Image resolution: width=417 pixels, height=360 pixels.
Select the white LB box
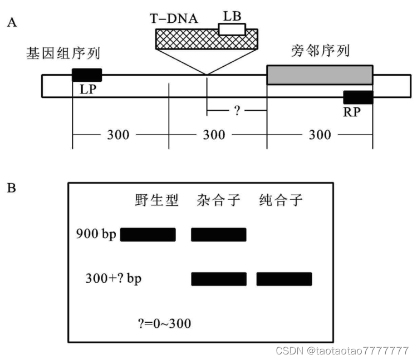232,29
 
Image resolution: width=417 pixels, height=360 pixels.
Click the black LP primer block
87,75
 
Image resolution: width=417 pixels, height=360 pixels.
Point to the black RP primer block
358,97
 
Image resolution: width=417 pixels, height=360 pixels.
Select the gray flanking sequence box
320,75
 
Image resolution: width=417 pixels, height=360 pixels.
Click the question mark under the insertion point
237,111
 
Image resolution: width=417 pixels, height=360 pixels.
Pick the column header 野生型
156,201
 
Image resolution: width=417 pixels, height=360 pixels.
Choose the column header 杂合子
219,201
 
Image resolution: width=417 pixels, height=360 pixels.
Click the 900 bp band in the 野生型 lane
148,235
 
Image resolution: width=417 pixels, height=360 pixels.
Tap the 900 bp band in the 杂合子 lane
219,235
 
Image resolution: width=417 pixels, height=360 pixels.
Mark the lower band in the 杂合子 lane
219,279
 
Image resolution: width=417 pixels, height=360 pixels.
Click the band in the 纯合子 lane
284,279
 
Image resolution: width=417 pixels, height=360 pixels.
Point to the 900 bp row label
95,234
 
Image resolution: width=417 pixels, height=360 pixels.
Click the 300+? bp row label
114,278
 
